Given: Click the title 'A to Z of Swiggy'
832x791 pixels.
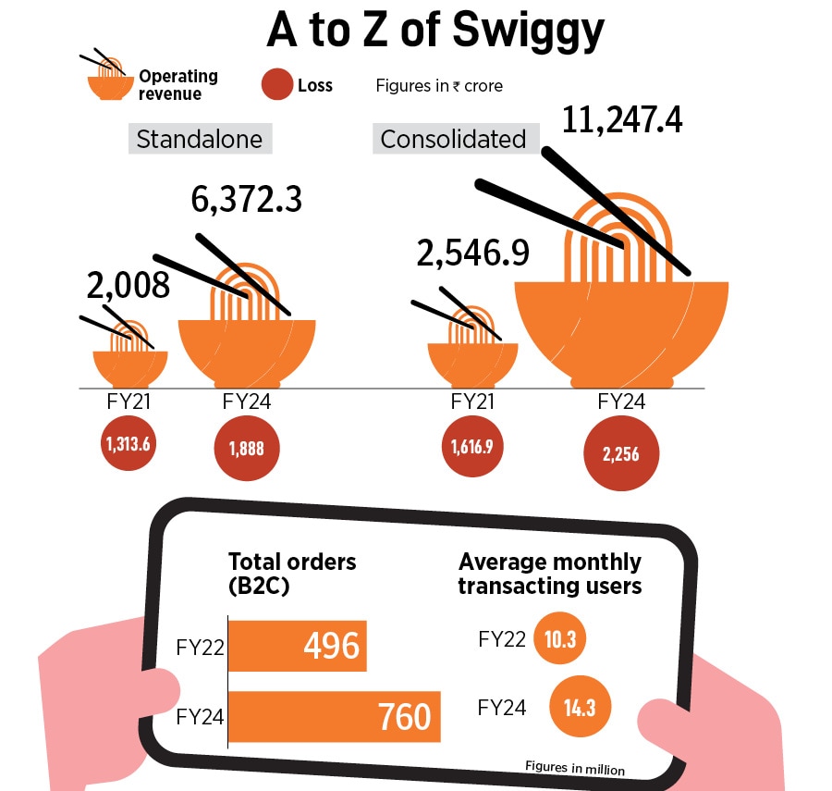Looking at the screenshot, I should tap(434, 30).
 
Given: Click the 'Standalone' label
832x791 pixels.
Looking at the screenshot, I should tap(199, 140).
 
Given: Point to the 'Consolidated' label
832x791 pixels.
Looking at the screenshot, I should tap(453, 140).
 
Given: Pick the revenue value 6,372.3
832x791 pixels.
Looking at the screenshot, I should tap(247, 198).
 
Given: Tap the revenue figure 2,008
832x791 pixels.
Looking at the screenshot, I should tap(128, 286).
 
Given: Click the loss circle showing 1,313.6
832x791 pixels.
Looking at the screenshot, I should tap(127, 443).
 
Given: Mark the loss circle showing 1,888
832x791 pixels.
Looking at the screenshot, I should tap(246, 448).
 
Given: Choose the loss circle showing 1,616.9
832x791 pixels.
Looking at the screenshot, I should tap(472, 446).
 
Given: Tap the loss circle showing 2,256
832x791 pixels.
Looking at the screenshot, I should tap(620, 454).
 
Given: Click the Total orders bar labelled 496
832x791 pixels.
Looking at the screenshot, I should tap(297, 645).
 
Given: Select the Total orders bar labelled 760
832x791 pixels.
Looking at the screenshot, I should tap(334, 716).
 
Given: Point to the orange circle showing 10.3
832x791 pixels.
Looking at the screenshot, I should tap(559, 638).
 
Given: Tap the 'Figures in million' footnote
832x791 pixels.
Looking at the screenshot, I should tap(574, 768).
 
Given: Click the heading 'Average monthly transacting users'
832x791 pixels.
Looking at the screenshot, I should tap(549, 574).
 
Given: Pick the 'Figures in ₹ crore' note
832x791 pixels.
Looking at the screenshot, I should tap(439, 86).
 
